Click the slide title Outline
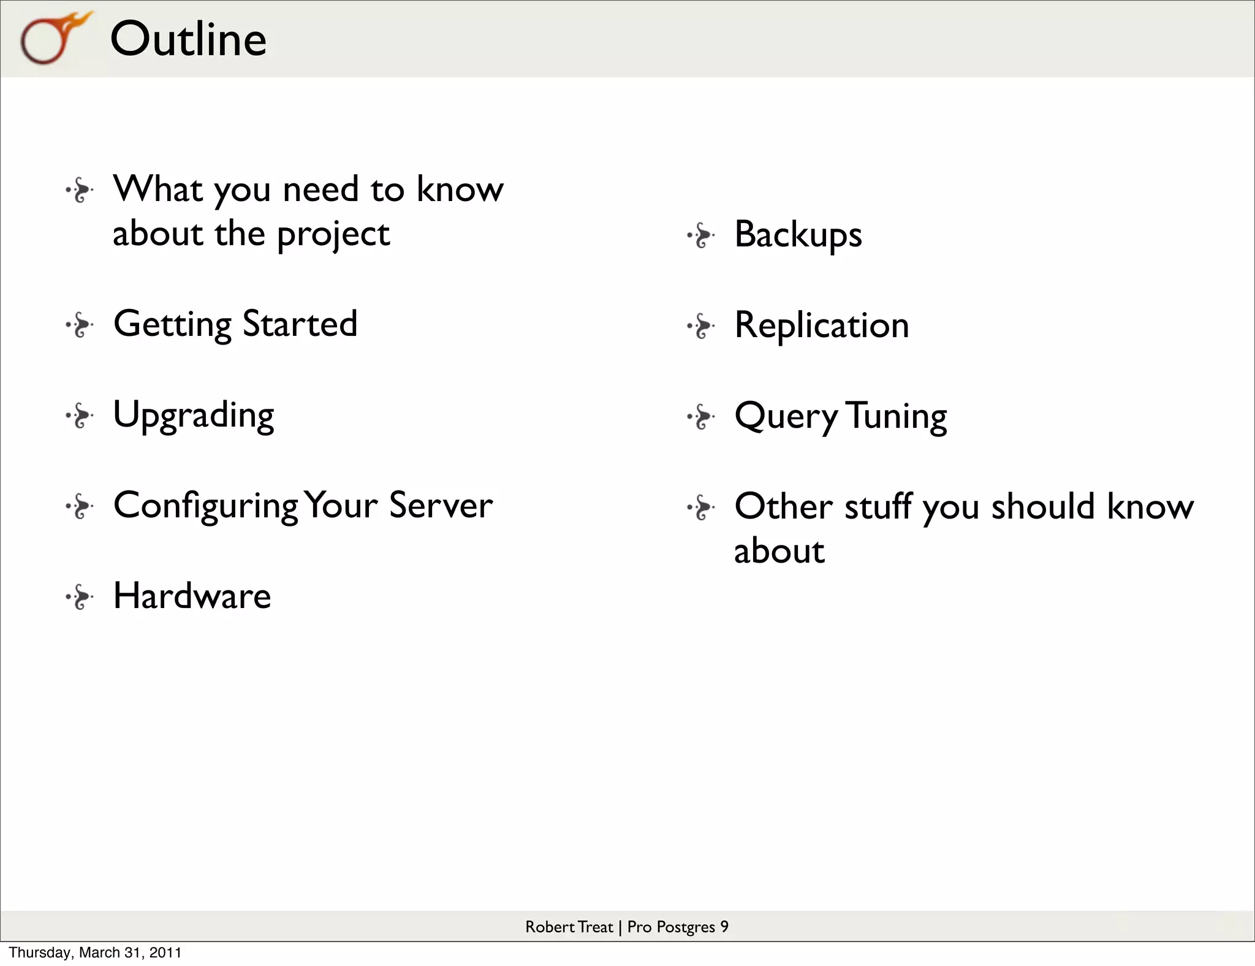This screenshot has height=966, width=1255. point(188,39)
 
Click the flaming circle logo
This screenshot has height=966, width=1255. point(54,38)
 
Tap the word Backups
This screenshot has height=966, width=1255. point(798,235)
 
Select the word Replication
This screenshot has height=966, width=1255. point(821,325)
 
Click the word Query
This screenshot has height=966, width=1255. point(786,417)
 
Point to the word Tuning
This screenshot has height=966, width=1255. point(897,417)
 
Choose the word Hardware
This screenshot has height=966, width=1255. point(192,596)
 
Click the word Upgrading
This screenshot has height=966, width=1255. point(194,416)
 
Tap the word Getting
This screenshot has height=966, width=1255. point(172,324)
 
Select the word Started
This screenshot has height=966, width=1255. point(300,324)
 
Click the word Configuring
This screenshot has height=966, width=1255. point(206,506)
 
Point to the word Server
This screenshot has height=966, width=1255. point(441,506)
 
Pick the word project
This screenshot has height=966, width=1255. point(333,235)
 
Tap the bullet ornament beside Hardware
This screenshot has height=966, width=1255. point(80,597)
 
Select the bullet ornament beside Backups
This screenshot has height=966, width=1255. point(701,235)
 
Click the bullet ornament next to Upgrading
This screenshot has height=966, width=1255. point(80,416)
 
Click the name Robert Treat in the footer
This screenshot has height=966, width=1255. point(569,927)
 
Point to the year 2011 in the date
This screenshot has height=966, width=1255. point(165,953)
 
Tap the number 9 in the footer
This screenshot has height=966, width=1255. point(724,926)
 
